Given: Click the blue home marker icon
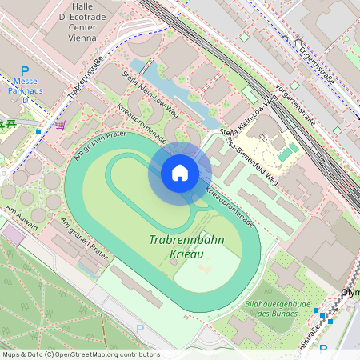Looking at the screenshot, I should pyautogui.click(x=180, y=173).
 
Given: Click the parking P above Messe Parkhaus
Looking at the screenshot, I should pyautogui.click(x=25, y=72).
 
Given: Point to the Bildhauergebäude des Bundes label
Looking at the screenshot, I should pyautogui.click(x=275, y=309).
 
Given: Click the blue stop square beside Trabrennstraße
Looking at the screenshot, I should pyautogui.click(x=38, y=131).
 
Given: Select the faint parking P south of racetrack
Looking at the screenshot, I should pyautogui.click(x=141, y=329).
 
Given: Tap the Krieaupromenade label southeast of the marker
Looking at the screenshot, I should pyautogui.click(x=230, y=204).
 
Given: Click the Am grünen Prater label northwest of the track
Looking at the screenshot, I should pyautogui.click(x=101, y=145).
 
